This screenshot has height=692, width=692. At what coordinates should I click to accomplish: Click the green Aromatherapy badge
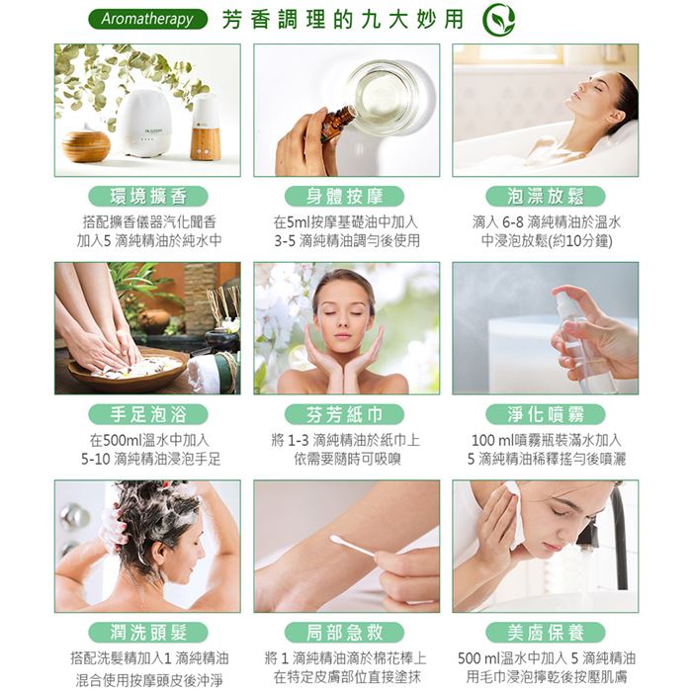148,20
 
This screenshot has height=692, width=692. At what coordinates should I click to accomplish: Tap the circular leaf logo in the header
498,20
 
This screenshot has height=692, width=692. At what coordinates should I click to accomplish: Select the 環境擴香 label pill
148,196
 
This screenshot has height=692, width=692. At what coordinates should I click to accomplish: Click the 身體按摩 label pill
345,196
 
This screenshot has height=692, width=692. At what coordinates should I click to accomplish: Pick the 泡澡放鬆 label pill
546,196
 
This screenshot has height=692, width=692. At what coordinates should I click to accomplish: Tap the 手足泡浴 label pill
148,414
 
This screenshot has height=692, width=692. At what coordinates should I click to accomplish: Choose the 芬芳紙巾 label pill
345,414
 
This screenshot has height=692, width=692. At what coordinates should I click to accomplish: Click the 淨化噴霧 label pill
546,414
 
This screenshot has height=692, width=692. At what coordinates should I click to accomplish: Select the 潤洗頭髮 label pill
148,633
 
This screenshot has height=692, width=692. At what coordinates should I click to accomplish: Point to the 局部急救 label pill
345,633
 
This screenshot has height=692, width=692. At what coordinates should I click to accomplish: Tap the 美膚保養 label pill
546,633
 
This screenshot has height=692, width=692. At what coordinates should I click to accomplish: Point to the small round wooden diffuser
86,143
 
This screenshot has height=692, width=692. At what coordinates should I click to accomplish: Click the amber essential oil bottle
338,123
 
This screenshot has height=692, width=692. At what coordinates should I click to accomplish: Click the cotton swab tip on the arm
336,539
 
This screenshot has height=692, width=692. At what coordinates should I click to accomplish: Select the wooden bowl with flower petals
128,372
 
